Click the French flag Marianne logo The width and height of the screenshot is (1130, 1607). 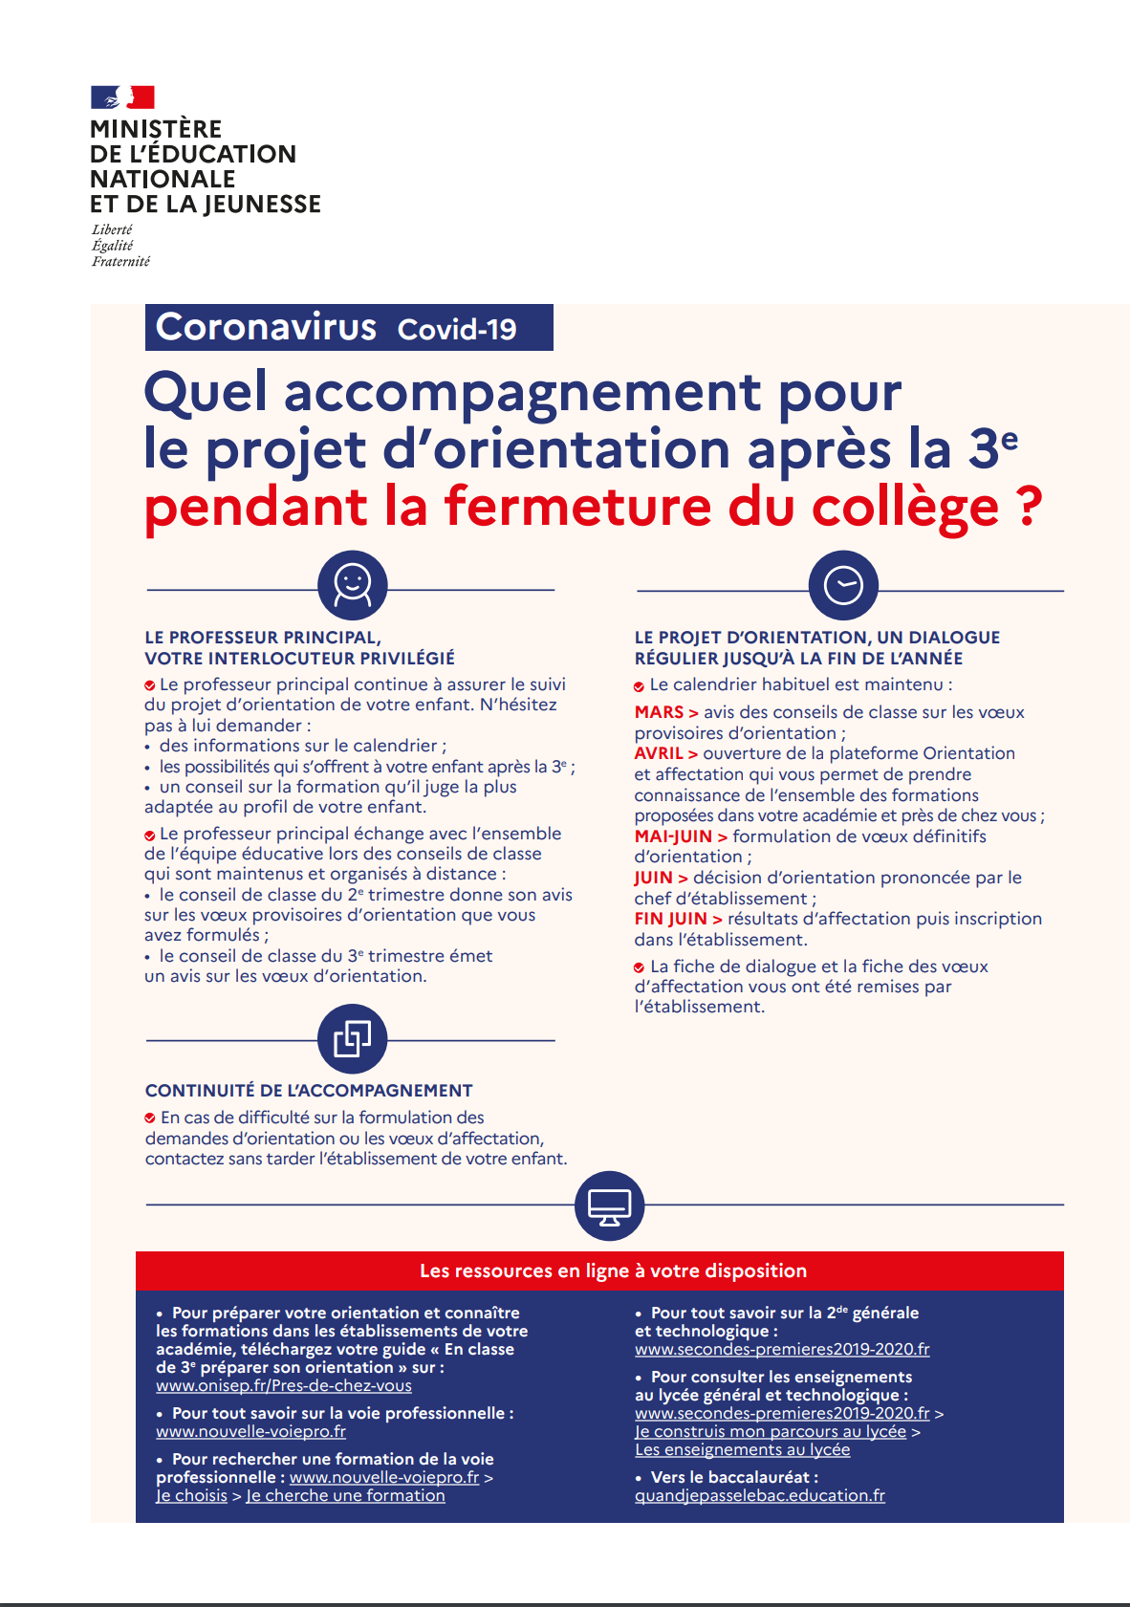(x=122, y=97)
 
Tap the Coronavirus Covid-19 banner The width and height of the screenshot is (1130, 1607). (x=349, y=328)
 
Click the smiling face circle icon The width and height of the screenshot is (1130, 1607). (x=352, y=585)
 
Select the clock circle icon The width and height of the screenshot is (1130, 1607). (x=842, y=585)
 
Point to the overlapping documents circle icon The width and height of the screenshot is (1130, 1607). (x=352, y=1038)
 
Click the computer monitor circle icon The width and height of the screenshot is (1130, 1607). (x=609, y=1205)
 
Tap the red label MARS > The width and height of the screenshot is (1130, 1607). (x=666, y=712)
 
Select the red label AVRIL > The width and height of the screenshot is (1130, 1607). (x=666, y=753)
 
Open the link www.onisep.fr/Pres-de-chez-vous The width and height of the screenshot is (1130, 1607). (x=284, y=1386)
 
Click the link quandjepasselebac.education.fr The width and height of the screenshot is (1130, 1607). (x=760, y=1496)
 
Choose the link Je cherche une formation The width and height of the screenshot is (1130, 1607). (x=345, y=1496)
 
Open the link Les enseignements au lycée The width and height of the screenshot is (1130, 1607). (x=742, y=1450)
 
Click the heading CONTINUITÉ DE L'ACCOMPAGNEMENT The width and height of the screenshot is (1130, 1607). (x=309, y=1091)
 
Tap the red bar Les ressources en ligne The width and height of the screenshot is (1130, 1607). (x=613, y=1270)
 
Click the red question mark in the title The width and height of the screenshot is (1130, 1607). (x=1029, y=506)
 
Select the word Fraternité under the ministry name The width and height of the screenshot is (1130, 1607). (x=120, y=261)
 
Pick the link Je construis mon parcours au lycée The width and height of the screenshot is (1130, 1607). (x=771, y=1432)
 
